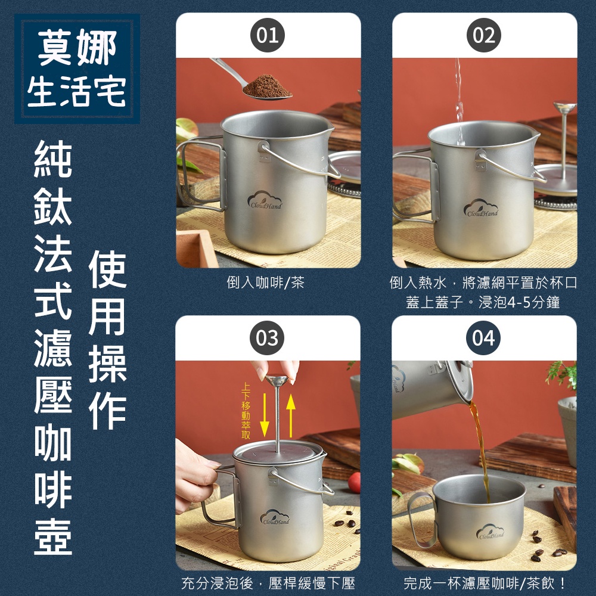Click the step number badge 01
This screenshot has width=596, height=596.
pos(268,35)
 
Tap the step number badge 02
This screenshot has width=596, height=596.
pos(484,35)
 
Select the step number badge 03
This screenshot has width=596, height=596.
pos(267,338)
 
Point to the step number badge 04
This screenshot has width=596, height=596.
pos(483,338)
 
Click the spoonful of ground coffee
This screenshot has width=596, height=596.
pos(267,86)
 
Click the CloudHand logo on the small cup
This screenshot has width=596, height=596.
pos(491,532)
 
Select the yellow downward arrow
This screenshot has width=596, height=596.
pos(265,415)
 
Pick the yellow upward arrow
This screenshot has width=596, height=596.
pos(291,415)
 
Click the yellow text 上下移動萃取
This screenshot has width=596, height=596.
pos(246,411)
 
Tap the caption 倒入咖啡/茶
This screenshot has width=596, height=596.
pos(266,283)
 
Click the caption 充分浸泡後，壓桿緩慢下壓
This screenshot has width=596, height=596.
pos(268,583)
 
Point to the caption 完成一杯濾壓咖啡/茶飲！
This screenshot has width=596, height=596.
pos(485,583)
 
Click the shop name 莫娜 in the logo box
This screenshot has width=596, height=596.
pos(77,48)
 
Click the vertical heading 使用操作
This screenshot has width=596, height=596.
pos(107,340)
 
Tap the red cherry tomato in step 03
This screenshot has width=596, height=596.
pos(354,482)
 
